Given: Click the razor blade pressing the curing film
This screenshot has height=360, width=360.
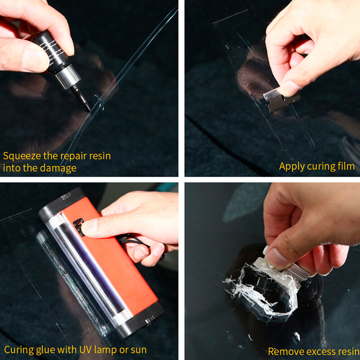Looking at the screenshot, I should [281, 99].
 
